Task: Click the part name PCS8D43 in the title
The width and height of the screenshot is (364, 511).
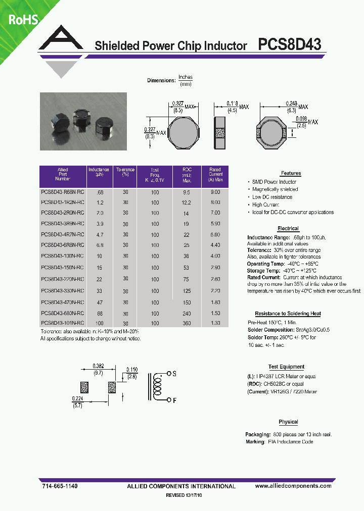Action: tap(289, 45)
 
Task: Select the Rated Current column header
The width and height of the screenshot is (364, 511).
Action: tap(215, 174)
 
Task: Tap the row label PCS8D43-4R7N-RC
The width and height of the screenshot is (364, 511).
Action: tap(62, 235)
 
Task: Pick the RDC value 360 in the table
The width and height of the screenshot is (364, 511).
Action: tap(187, 323)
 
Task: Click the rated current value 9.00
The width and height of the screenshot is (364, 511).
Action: tap(215, 192)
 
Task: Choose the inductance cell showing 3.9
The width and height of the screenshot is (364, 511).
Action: tap(100, 223)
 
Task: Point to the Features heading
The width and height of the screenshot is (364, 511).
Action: tap(291, 173)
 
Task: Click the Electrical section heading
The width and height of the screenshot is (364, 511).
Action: tap(288, 229)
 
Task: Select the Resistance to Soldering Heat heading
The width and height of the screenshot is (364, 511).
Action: tap(288, 314)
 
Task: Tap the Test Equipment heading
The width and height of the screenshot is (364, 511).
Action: tap(286, 367)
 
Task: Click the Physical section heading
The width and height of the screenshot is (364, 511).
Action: tap(288, 422)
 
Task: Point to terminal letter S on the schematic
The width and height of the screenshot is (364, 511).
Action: tap(174, 374)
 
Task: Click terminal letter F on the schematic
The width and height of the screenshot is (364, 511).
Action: tap(174, 401)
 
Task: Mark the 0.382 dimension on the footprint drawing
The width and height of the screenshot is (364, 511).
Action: tap(98, 366)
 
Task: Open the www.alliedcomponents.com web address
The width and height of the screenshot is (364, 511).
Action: tap(293, 486)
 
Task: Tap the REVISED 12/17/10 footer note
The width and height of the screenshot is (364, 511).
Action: tap(187, 496)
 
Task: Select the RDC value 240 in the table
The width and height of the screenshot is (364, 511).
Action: tap(187, 314)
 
